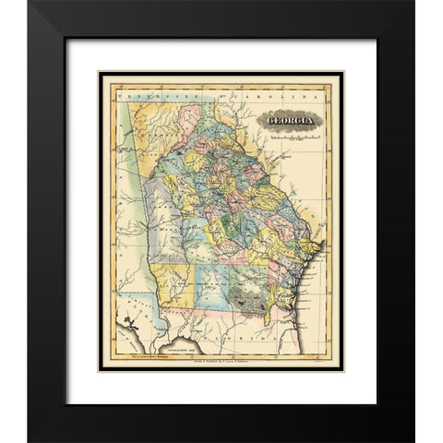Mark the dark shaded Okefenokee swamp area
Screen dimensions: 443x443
(x=249, y=298)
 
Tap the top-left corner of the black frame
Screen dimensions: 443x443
(x=30, y=3)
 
